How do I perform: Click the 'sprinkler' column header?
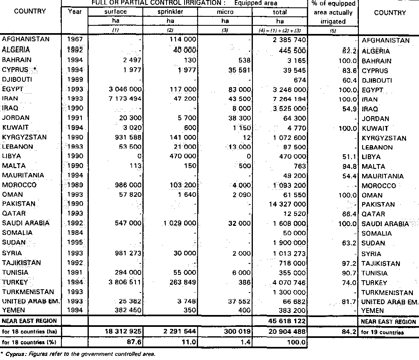pos(170,12)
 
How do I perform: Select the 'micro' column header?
pos(225,12)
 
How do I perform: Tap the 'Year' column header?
pos(74,12)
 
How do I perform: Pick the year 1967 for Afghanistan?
pos(74,39)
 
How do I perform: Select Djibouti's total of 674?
pos(297,79)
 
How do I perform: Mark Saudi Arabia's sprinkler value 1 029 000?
pos(179,223)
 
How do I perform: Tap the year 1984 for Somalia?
pos(74,233)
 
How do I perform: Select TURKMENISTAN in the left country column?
pos(28,292)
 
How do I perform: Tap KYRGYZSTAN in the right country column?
pos(384,138)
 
